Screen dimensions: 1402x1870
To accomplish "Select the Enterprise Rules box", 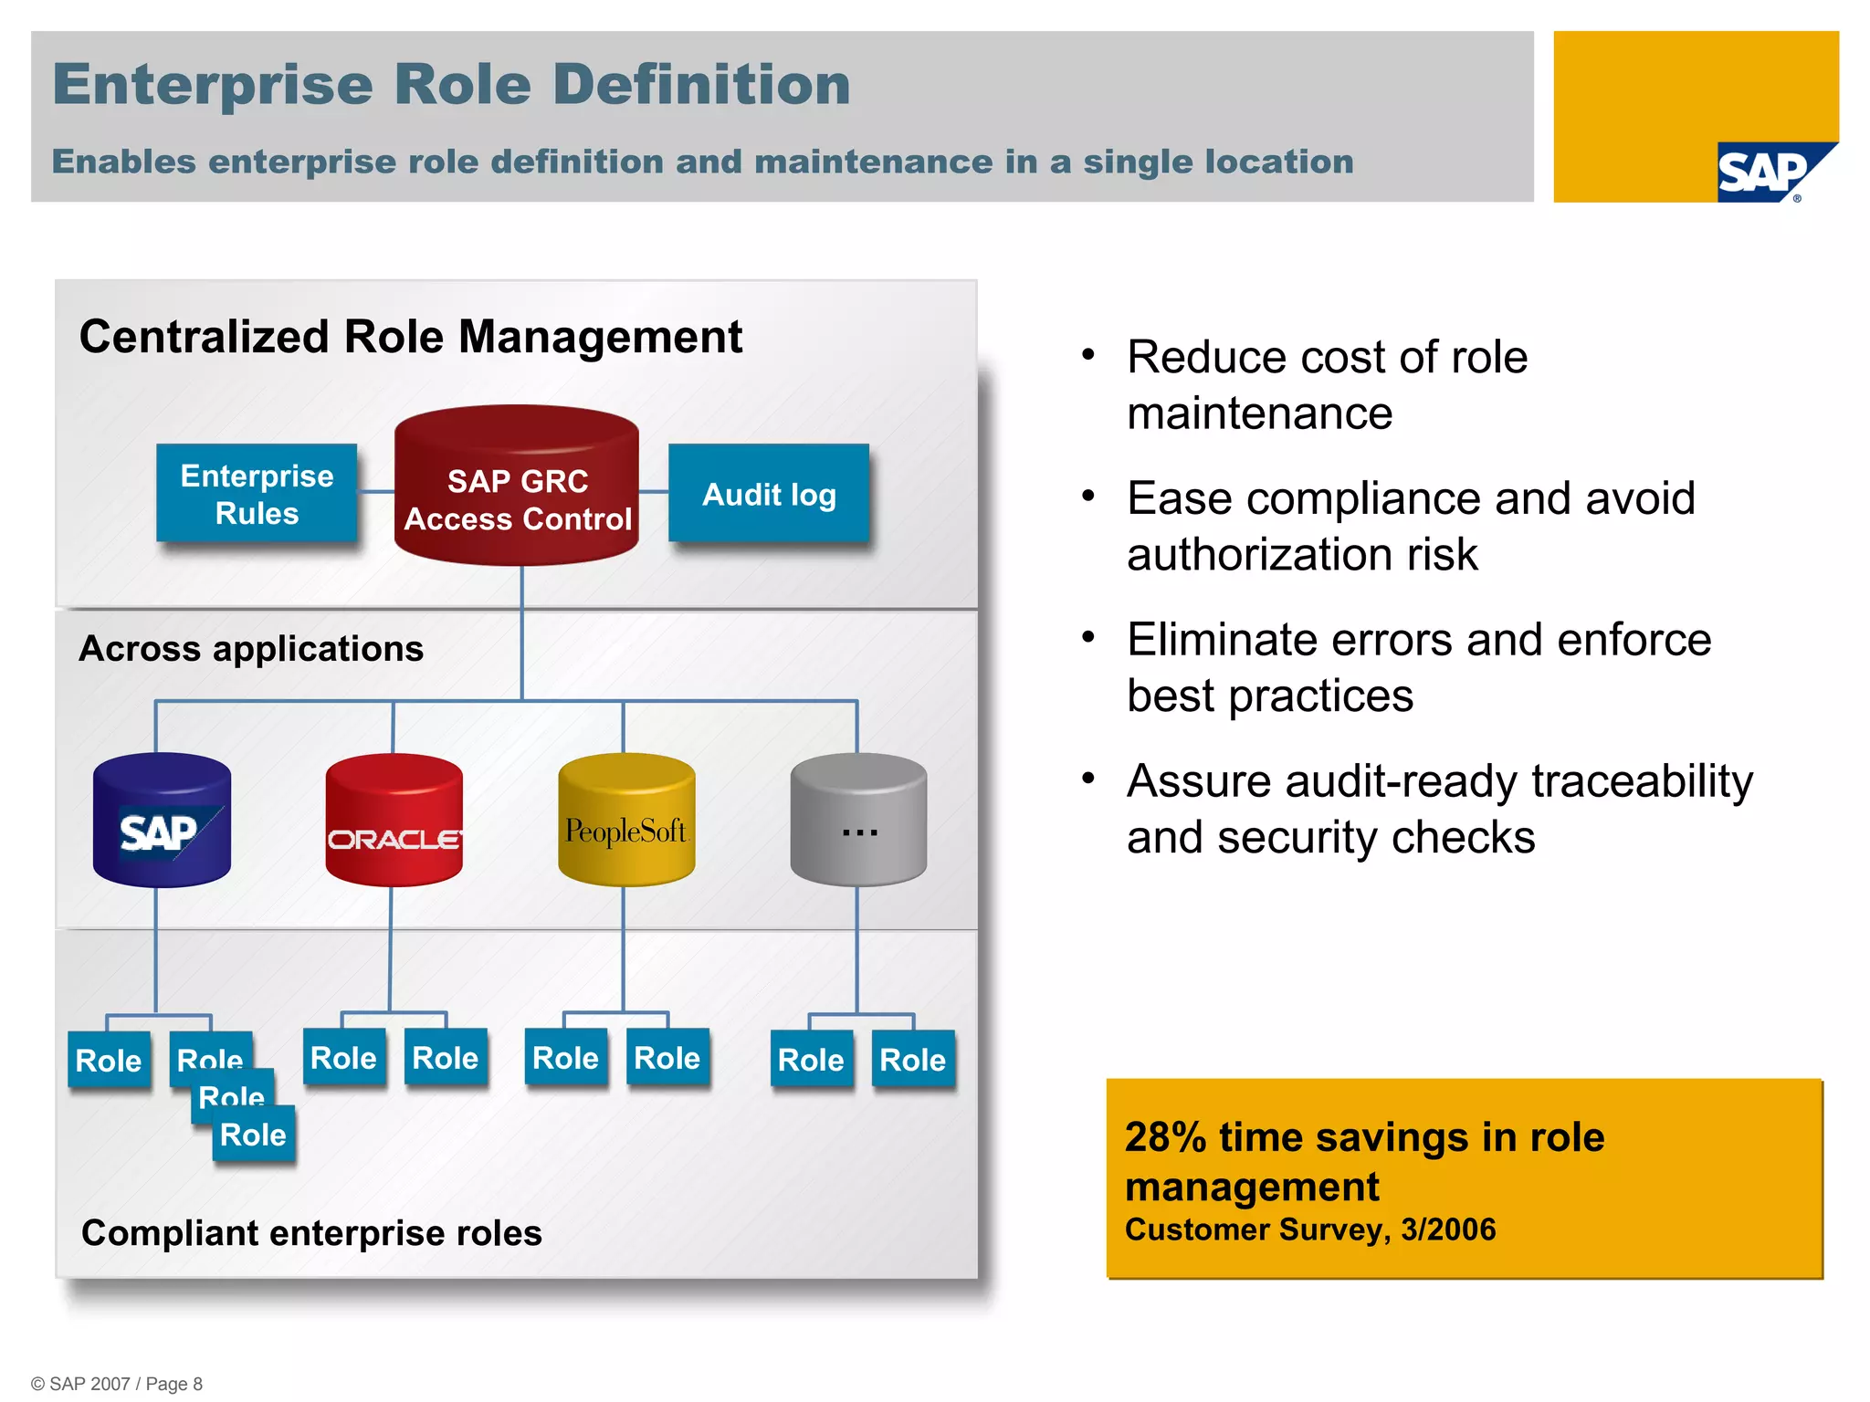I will tap(257, 494).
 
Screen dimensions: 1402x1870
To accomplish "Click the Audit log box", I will tap(769, 494).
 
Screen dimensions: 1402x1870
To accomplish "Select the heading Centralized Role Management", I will tap(410, 336).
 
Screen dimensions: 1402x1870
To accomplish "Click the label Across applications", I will tap(251, 648).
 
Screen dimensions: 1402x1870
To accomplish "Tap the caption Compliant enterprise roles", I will tap(311, 1232).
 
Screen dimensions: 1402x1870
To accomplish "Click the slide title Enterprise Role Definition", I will tap(451, 84).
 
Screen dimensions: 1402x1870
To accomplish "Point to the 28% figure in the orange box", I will tap(1165, 1137).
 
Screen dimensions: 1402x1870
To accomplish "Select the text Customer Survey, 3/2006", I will tap(1310, 1229).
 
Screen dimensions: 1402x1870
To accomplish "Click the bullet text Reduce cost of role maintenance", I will tap(1327, 384).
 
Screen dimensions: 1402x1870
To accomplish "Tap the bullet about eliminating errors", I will tap(1418, 667).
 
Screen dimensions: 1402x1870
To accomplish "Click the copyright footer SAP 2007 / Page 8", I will tap(117, 1384).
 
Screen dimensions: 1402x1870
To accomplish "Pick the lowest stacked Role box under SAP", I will tap(254, 1135).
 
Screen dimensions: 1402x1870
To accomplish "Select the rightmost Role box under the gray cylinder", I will tap(912, 1060).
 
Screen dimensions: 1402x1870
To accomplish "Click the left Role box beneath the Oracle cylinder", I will tap(343, 1058).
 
